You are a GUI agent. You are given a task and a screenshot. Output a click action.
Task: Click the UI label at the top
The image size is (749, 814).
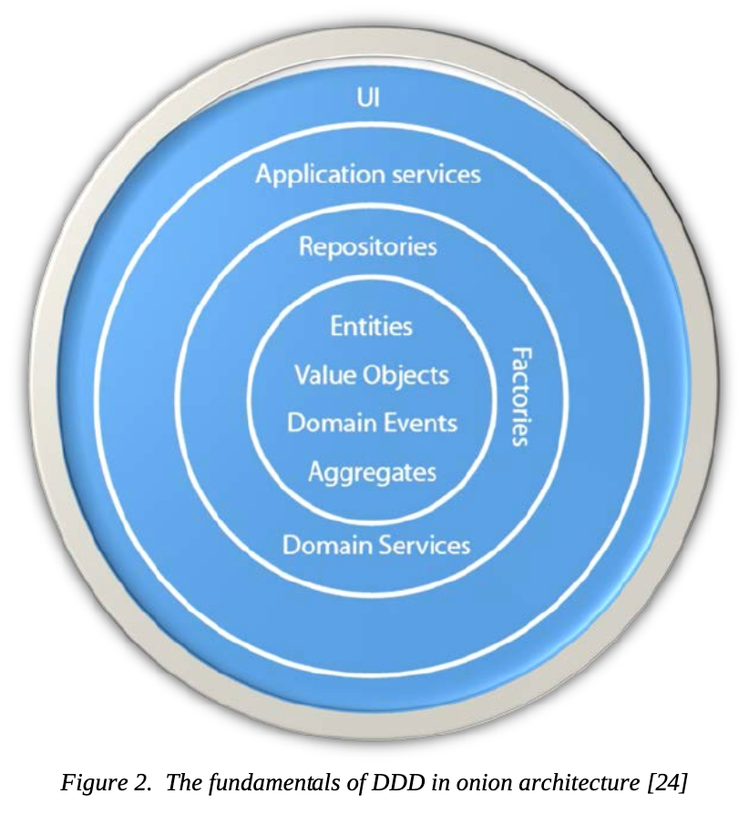[369, 97]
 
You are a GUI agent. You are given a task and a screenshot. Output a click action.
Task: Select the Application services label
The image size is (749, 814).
[368, 174]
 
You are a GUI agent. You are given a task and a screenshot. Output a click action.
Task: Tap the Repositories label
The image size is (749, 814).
[368, 246]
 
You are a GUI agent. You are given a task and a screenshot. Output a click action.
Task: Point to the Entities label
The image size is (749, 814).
[372, 326]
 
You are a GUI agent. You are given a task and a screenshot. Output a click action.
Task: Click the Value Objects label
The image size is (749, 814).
[372, 375]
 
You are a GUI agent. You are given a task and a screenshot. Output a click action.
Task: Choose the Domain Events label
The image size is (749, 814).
[372, 423]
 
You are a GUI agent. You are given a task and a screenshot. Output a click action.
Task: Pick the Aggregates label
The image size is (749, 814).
[372, 473]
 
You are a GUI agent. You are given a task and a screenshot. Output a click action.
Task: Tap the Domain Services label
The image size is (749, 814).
[376, 544]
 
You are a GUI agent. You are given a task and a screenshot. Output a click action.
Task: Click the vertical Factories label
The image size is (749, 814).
[519, 396]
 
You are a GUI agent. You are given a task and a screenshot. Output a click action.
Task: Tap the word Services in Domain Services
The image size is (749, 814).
[426, 544]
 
